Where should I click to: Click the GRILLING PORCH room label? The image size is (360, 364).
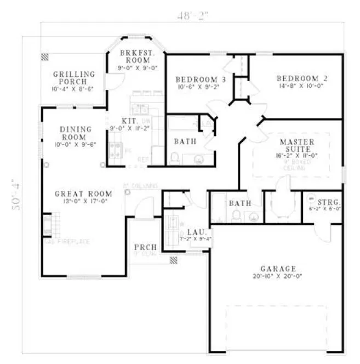pos(74,77)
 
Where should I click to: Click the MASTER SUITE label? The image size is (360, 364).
pos(297,145)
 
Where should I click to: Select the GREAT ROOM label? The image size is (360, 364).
pos(83,194)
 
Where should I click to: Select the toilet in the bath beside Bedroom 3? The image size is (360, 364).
pos(175,158)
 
